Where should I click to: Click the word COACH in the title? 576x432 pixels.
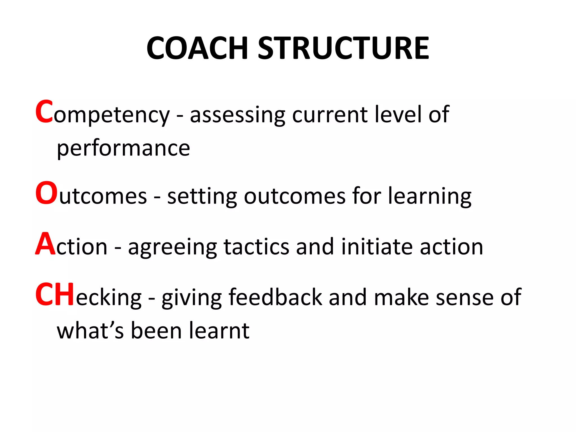(197, 48)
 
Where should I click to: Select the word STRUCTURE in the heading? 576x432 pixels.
(343, 48)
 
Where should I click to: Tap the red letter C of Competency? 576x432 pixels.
(44, 112)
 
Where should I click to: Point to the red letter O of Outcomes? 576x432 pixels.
(46, 193)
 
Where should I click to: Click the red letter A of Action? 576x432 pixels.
(45, 244)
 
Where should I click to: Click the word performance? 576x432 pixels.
(123, 148)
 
